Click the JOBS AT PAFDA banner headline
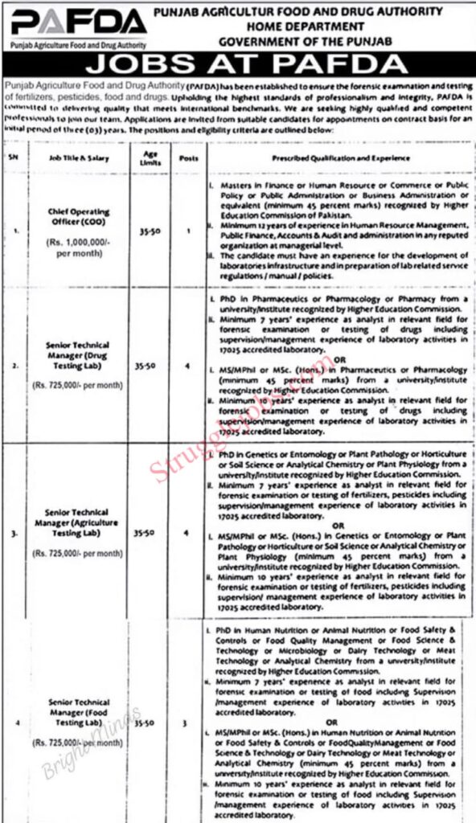pyautogui.click(x=239, y=64)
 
